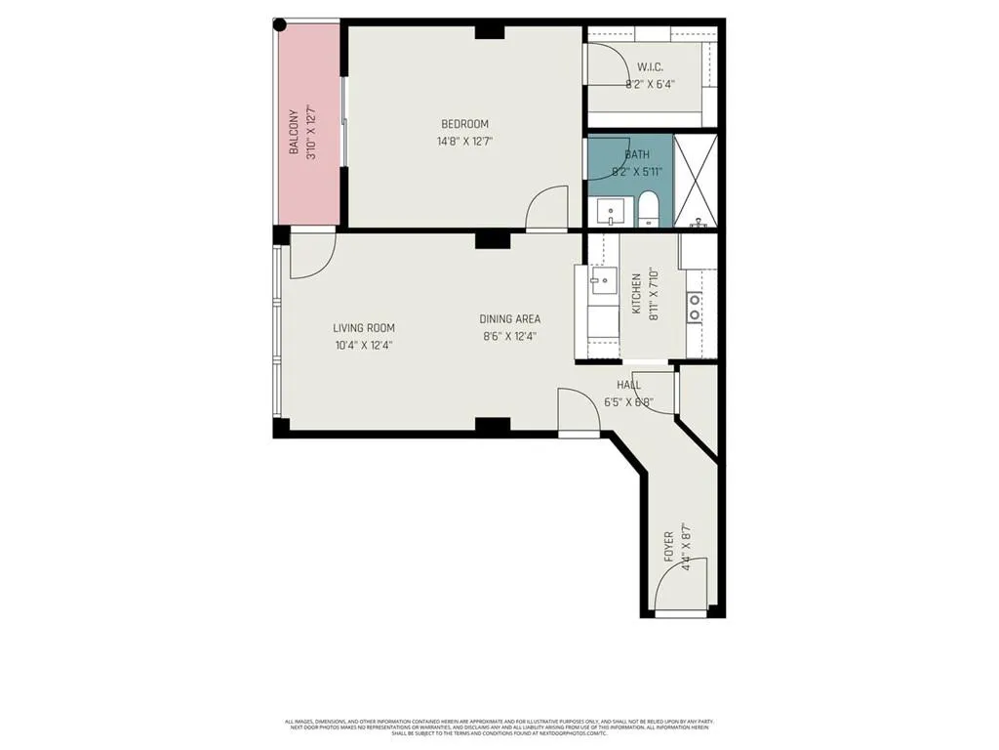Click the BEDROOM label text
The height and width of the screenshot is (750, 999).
click(464, 124)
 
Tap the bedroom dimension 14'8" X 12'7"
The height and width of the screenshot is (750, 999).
click(464, 141)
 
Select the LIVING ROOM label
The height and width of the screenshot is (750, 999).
click(364, 328)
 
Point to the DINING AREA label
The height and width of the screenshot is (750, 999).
click(509, 319)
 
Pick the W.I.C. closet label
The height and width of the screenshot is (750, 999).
click(651, 67)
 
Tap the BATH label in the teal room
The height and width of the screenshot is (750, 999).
click(637, 154)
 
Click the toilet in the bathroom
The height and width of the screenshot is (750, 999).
click(649, 209)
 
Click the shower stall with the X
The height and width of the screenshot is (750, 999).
click(696, 181)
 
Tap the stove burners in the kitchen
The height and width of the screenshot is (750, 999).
click(695, 309)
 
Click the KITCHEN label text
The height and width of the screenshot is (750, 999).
click(636, 293)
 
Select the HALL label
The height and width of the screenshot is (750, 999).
click(628, 386)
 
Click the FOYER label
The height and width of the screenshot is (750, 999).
click(668, 545)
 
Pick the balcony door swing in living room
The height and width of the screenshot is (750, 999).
click(313, 254)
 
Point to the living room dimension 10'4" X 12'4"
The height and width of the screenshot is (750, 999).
click(364, 345)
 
